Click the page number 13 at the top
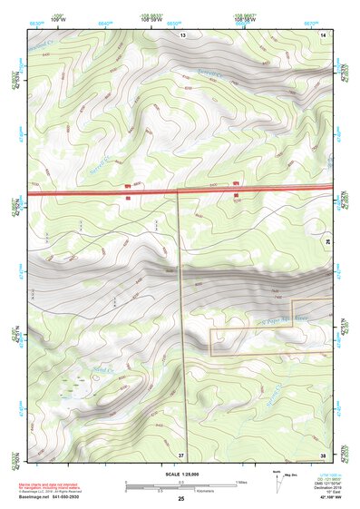pos(182,34)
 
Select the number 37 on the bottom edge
pos(181,454)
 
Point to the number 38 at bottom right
pos(323,454)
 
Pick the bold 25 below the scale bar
pos(180,499)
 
